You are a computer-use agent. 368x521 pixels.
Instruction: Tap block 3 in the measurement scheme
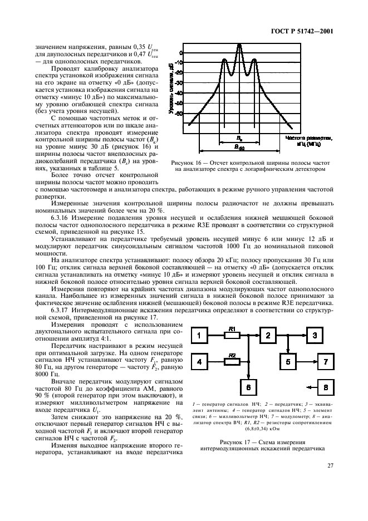[x=316, y=335]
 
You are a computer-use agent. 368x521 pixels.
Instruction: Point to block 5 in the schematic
[x=289, y=362]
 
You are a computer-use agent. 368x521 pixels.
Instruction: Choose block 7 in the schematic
[x=326, y=362]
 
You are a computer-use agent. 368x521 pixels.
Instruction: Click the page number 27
[x=330, y=481]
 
